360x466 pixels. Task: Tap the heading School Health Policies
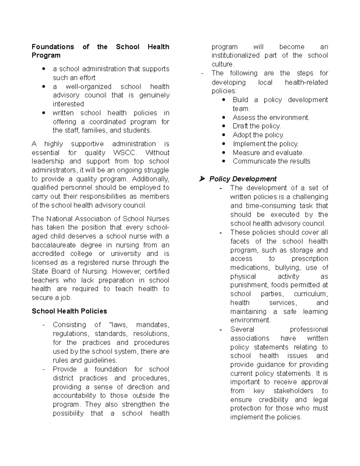(69, 311)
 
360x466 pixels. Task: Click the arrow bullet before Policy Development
(202, 179)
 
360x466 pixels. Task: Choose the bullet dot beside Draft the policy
(224, 126)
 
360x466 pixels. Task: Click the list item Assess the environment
(271, 118)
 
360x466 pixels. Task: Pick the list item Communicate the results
(271, 161)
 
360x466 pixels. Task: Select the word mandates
(152, 325)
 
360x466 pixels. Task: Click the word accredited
(48, 254)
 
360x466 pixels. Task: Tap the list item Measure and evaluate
(268, 153)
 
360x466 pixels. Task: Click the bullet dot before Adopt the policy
(224, 135)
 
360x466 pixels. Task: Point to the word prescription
(310, 259)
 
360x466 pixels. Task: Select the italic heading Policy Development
(243, 179)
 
